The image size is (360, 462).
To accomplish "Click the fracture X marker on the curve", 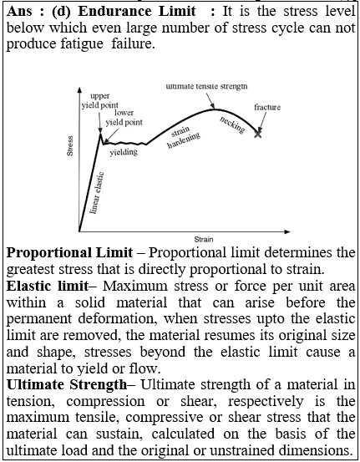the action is (258, 134).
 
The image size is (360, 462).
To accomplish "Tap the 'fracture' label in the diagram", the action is (267, 107).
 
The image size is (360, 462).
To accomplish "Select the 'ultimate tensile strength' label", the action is (206, 86).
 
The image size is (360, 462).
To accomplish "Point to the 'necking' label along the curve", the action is (232, 125).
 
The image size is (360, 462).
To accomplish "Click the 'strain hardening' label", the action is (183, 137).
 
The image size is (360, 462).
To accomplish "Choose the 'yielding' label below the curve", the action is (124, 152).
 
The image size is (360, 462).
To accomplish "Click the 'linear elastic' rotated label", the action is (97, 193).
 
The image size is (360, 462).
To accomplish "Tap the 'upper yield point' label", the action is (100, 101).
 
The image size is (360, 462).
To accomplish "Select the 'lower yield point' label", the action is (124, 117).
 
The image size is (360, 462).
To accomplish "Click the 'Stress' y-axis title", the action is (70, 145).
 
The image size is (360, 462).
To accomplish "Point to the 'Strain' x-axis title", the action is (204, 239).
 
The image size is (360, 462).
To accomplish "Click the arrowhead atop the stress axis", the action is (79, 90).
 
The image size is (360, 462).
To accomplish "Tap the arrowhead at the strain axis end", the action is (287, 231).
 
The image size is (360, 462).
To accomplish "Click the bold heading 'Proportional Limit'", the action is (69, 253).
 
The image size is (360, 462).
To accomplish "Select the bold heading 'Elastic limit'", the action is (47, 286).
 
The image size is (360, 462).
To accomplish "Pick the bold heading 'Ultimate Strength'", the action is (67, 385).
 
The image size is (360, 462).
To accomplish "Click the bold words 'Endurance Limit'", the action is (137, 12).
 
